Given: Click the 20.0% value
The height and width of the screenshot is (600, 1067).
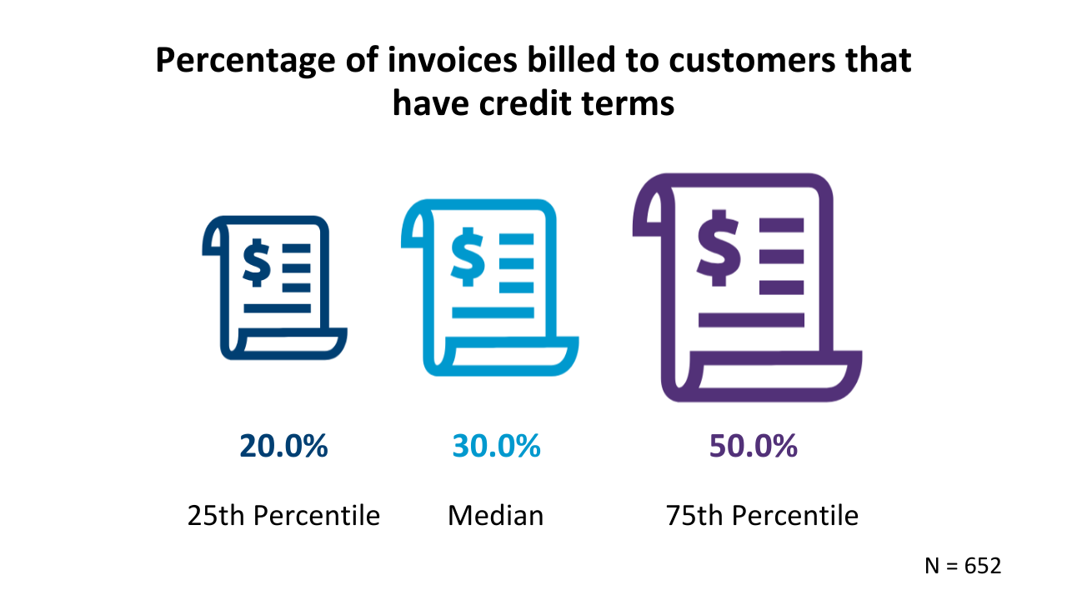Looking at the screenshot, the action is tap(283, 446).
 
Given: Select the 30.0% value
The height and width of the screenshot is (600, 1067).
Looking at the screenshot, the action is tap(496, 446).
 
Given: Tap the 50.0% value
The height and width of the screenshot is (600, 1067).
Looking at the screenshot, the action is tap(753, 446).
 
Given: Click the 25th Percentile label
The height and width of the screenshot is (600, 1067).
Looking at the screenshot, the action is tap(283, 515).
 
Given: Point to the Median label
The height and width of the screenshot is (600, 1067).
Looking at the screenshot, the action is tap(495, 515).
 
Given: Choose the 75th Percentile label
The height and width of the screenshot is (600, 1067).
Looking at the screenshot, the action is tap(762, 515).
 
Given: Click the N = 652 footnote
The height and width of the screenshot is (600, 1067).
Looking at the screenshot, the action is tap(963, 566).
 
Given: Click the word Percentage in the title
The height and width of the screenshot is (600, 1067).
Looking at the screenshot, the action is tap(245, 62).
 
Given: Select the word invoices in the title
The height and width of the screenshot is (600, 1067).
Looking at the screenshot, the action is tap(453, 60).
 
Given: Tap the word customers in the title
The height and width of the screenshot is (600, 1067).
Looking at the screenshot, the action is tap(752, 61).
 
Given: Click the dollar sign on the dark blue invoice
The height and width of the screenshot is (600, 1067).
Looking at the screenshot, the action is tap(257, 262).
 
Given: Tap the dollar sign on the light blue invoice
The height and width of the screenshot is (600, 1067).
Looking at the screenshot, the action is tap(468, 257).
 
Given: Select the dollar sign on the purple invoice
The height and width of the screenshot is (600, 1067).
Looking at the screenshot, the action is tap(719, 248).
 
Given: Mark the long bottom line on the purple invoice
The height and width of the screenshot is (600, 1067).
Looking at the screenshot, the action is tap(751, 320).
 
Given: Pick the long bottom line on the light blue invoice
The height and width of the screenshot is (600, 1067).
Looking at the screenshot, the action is tap(493, 312).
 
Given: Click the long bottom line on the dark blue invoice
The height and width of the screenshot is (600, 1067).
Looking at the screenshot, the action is tap(278, 308).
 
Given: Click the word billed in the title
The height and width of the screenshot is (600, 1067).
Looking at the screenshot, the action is tap(572, 60).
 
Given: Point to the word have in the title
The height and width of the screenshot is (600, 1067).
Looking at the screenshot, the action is tap(431, 102).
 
